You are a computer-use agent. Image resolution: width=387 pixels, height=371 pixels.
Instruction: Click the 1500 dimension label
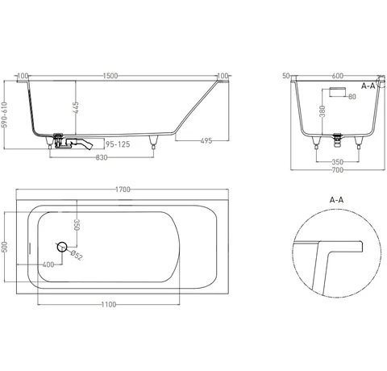point(110,76)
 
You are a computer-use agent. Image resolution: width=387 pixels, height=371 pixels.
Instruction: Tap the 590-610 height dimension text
point(5,115)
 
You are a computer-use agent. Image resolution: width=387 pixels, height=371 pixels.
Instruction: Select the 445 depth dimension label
point(76,107)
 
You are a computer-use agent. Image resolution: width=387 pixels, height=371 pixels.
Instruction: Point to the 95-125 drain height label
point(118,144)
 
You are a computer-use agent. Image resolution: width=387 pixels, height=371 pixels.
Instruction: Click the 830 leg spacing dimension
point(102,157)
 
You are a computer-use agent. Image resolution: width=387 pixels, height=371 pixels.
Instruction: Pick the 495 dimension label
point(206,140)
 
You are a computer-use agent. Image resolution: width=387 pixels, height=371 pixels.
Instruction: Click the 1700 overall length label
point(123,190)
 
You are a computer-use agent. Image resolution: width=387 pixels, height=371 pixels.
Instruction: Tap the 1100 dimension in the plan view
point(109,304)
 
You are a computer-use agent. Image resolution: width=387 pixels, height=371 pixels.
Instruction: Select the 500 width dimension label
point(5,247)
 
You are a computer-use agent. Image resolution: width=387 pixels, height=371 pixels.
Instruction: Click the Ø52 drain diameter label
point(77,255)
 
